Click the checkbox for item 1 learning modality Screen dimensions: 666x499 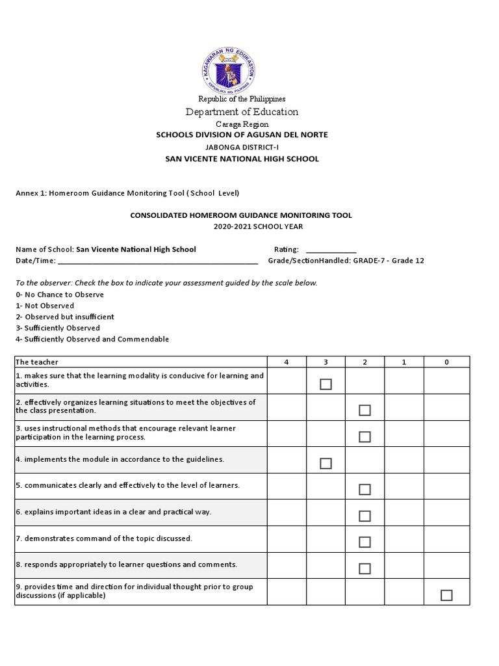pyautogui.click(x=326, y=384)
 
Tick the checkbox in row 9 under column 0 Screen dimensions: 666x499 pyautogui.click(x=446, y=595)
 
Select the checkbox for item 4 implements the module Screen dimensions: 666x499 pyautogui.click(x=326, y=463)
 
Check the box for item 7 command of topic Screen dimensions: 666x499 pyautogui.click(x=365, y=542)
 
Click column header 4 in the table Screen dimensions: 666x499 pyautogui.click(x=287, y=362)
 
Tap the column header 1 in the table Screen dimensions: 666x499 pyautogui.click(x=404, y=362)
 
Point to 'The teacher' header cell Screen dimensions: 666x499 pyautogui.click(x=37, y=362)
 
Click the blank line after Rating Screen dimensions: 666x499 pyautogui.click(x=331, y=250)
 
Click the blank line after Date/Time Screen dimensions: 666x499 pyautogui.click(x=158, y=261)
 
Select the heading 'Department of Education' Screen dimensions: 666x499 pyautogui.click(x=242, y=112)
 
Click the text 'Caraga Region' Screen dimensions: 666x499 pyautogui.click(x=242, y=124)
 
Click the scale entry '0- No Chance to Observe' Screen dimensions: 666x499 pyautogui.click(x=60, y=295)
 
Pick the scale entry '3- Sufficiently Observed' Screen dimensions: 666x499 pyautogui.click(x=58, y=328)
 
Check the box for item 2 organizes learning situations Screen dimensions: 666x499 pyautogui.click(x=365, y=410)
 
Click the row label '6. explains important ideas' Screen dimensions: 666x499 pyautogui.click(x=114, y=513)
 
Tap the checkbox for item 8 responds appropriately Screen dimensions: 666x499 pyautogui.click(x=365, y=568)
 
